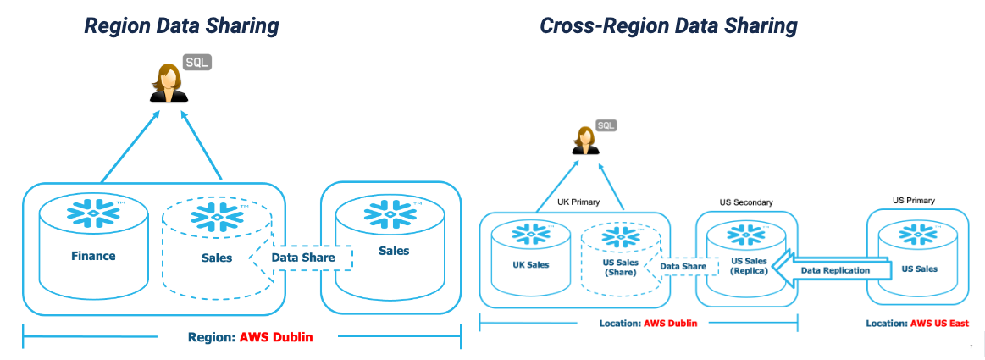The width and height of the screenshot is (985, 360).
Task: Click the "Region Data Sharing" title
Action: (181, 25)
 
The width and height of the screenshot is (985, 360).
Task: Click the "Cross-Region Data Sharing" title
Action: (668, 25)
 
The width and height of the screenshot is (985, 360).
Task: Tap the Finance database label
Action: (93, 256)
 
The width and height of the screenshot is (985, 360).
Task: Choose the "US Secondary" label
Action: (746, 203)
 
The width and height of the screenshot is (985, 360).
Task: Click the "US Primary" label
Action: (914, 201)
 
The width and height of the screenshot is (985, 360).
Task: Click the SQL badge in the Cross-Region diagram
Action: (606, 125)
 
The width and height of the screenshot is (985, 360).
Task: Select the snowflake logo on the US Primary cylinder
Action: (914, 235)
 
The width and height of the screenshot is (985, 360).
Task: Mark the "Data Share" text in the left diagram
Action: (303, 257)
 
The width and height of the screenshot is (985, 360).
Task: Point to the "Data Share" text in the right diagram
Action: (683, 266)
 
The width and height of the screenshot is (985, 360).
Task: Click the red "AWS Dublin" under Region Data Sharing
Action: (276, 336)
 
